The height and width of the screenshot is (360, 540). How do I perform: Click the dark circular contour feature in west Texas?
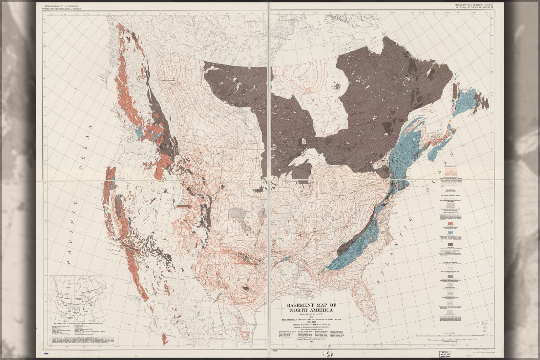click(245, 289)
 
